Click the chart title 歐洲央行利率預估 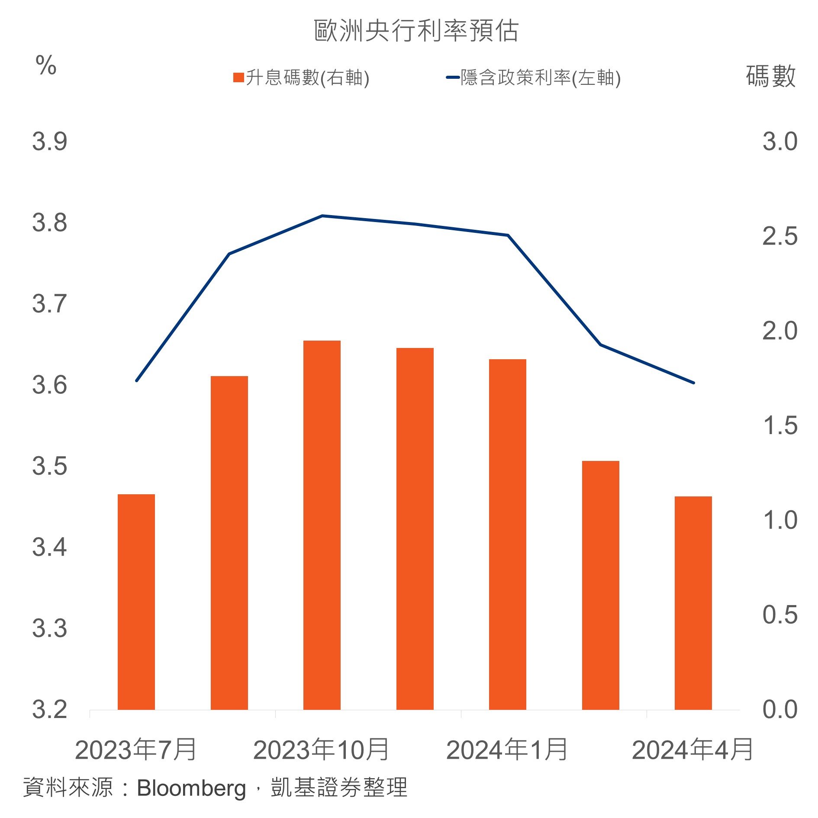pos(416,31)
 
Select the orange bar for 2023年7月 pos(136,602)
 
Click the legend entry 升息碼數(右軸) pos(301,78)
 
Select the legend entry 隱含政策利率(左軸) pos(534,78)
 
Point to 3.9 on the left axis pos(50,142)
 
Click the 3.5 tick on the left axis pos(50,467)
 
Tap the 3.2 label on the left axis pos(50,710)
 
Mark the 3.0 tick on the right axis pos(779,142)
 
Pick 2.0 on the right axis pos(779,331)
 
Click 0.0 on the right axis pos(779,710)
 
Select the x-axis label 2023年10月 pos(321,750)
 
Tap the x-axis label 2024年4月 pos(692,750)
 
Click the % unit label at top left pos(46,66)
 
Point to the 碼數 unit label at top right pos(771,76)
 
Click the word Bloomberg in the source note pos(191,788)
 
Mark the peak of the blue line pos(322,216)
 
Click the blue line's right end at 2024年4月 pos(693,383)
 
